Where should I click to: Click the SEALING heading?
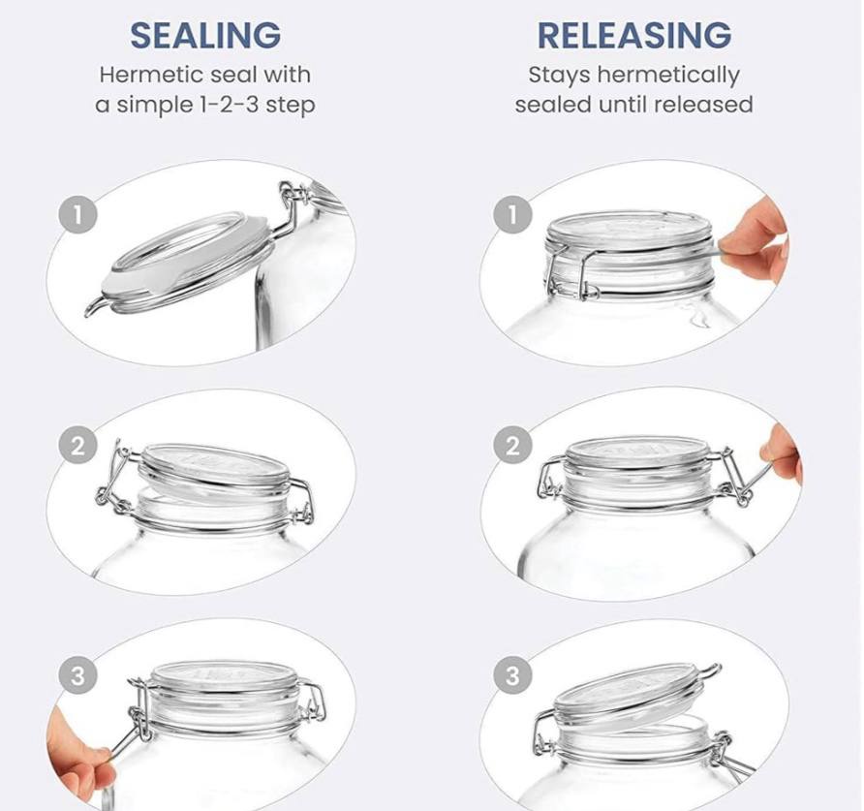pos(205,35)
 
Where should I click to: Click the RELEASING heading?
pos(634,35)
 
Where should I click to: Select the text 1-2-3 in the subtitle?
pos(227,105)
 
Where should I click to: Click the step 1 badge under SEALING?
pos(78,214)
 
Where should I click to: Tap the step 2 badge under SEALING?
pos(78,445)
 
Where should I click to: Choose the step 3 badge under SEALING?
pos(78,675)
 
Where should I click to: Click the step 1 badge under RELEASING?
pos(513,214)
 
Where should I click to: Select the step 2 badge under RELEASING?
pos(513,445)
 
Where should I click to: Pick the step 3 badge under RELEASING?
pos(513,675)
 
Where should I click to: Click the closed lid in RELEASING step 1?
pos(632,232)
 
